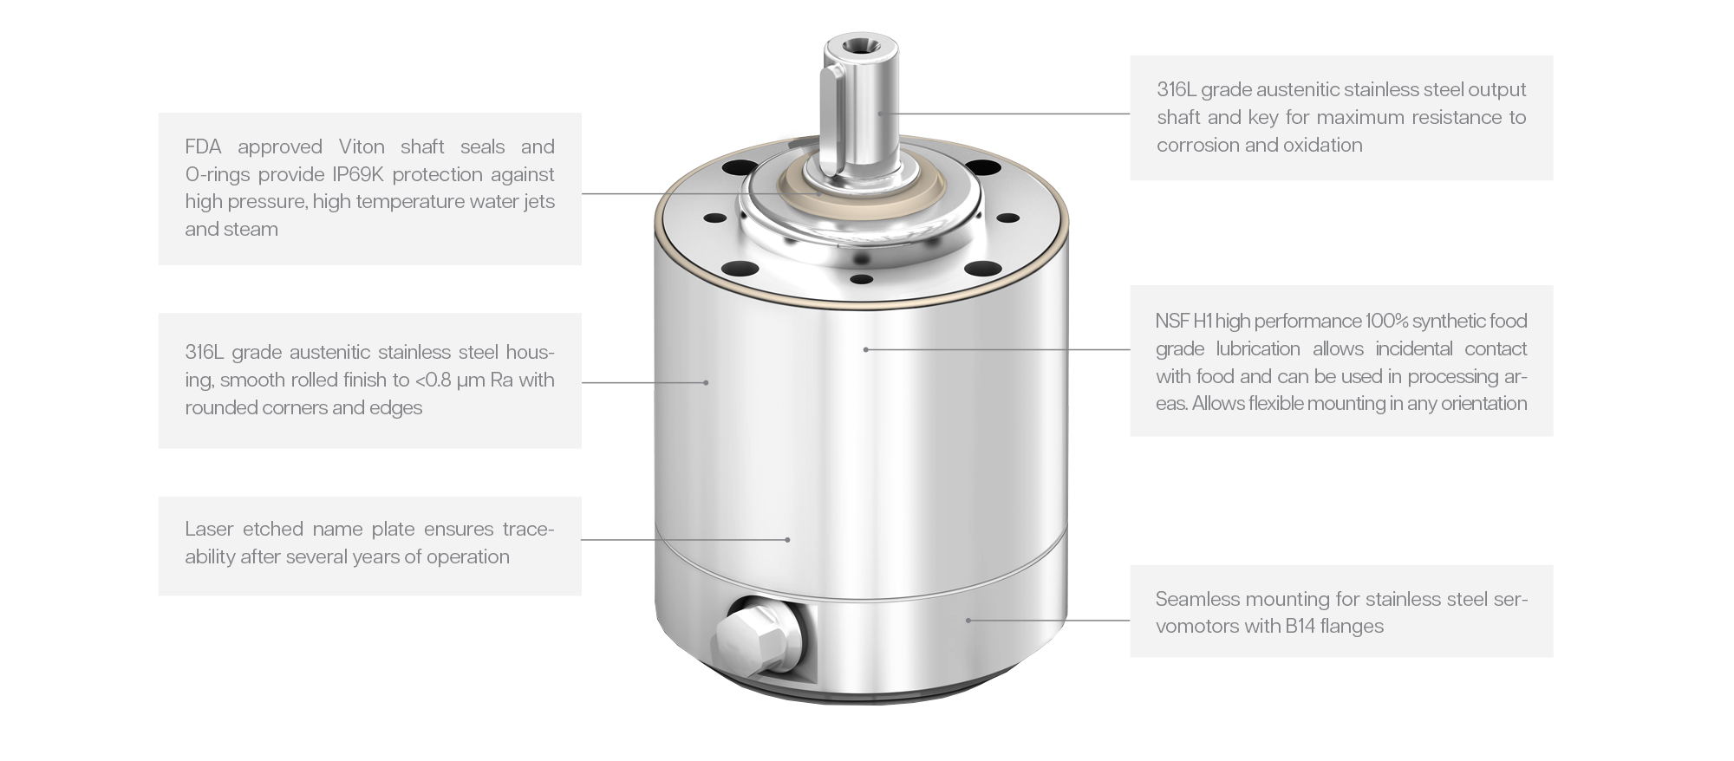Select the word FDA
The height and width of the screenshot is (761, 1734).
(204, 146)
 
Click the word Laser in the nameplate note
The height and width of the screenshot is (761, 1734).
(209, 530)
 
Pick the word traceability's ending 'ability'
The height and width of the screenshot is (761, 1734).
(210, 557)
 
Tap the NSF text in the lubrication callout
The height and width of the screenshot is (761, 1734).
(1171, 322)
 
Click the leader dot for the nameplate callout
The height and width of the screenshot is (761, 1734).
(787, 540)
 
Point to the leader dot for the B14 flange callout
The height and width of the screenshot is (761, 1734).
(968, 621)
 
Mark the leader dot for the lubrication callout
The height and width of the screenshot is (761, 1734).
(865, 349)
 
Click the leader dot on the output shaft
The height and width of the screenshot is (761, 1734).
(879, 114)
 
